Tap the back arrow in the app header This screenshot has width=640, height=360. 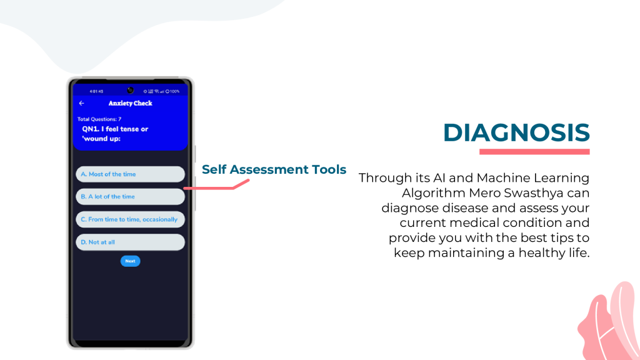pos(82,103)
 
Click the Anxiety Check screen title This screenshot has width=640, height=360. pos(130,103)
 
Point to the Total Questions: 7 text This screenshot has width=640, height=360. pos(99,119)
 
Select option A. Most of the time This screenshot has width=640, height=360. pos(130,174)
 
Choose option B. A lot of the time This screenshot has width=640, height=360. pos(130,197)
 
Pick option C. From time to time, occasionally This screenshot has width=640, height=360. pos(130,219)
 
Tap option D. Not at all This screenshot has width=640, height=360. pos(130,242)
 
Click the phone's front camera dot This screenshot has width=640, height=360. pos(130,90)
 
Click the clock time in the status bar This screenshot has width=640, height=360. pos(96,91)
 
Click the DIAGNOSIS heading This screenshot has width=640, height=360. pos(516,132)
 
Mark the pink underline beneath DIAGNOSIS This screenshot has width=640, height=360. pos(534,152)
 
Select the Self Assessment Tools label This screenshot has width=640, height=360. pos(274,169)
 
